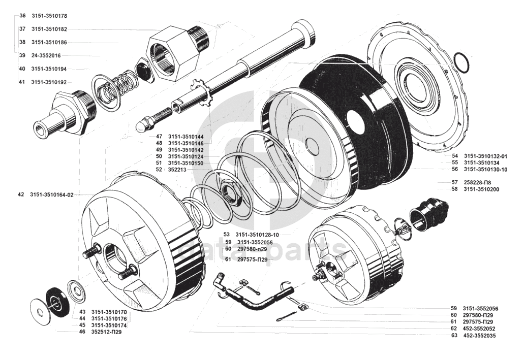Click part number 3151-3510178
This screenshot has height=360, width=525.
click(49, 16)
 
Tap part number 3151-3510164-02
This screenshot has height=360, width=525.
click(51, 194)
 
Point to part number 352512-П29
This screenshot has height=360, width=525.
click(106, 332)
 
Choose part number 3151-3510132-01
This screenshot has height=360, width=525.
click(485, 156)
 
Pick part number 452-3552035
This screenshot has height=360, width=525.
click(479, 336)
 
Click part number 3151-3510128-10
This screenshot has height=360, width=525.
click(257, 234)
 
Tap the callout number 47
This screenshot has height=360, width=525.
click(159, 137)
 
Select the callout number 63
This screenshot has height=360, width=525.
click(454, 336)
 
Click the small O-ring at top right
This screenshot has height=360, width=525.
click(462, 62)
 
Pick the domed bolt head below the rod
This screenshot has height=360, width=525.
click(144, 125)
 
